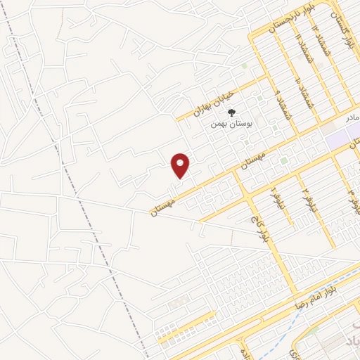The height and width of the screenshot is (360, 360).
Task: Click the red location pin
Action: point(181,165)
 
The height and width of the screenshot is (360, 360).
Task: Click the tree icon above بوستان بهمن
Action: point(231,110)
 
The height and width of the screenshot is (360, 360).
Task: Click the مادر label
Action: point(352,114)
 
